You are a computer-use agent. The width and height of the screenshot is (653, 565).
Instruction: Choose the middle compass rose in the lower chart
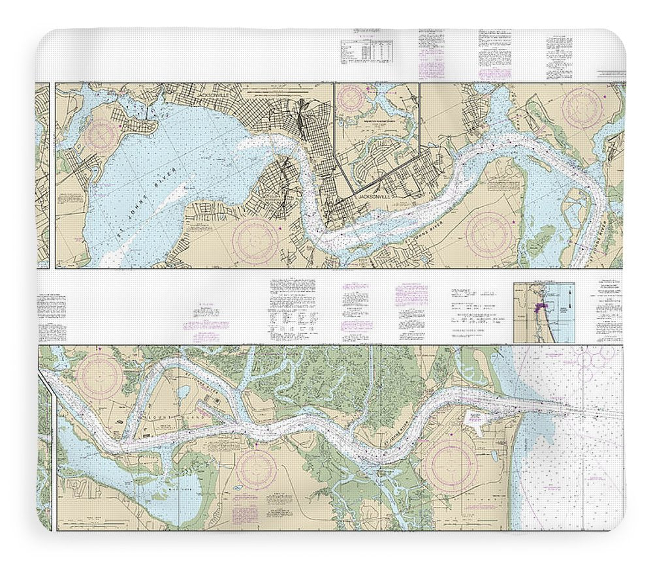(255, 468)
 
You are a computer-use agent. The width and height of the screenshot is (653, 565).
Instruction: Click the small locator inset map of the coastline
(543, 313)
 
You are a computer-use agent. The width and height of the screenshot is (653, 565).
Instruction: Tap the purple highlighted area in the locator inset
(540, 308)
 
